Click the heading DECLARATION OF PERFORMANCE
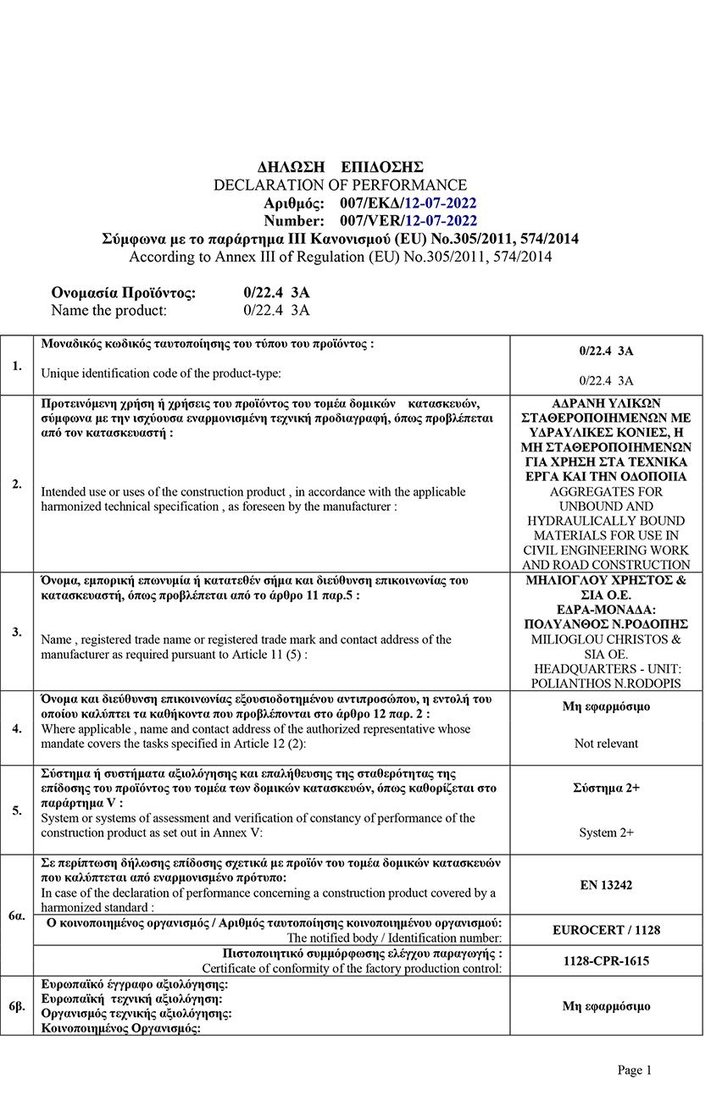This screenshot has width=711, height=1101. pyautogui.click(x=340, y=185)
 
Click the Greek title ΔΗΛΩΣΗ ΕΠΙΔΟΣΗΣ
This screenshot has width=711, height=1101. pyautogui.click(x=340, y=167)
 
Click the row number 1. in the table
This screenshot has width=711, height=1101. pyautogui.click(x=17, y=365)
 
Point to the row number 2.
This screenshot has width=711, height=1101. pyautogui.click(x=17, y=484)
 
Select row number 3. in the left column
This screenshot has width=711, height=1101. pyautogui.click(x=17, y=632)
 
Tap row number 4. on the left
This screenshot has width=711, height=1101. pyautogui.click(x=17, y=728)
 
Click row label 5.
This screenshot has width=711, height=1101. pyautogui.click(x=17, y=811)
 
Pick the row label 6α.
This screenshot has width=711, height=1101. pyautogui.click(x=17, y=916)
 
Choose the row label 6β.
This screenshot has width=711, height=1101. pyautogui.click(x=17, y=1005)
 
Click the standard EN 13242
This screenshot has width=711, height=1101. pyautogui.click(x=606, y=885)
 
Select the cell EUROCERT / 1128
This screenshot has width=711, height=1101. pyautogui.click(x=606, y=930)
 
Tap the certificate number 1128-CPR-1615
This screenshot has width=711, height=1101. pyautogui.click(x=606, y=961)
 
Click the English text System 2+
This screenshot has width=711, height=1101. pyautogui.click(x=606, y=833)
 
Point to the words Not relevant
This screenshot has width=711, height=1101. pyautogui.click(x=606, y=744)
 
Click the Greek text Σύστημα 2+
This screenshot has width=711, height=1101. pyautogui.click(x=606, y=788)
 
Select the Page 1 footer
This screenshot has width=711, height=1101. pyautogui.click(x=635, y=1071)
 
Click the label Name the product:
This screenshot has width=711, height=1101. pyautogui.click(x=109, y=310)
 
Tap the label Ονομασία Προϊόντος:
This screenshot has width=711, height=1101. pyautogui.click(x=124, y=293)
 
